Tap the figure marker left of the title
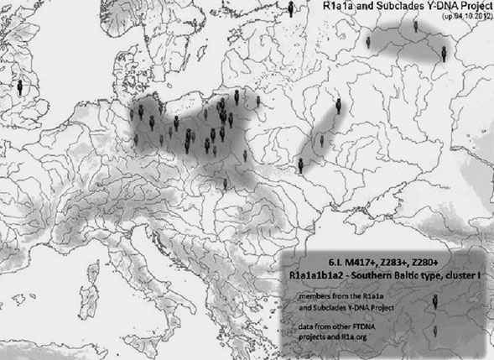(291, 8)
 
